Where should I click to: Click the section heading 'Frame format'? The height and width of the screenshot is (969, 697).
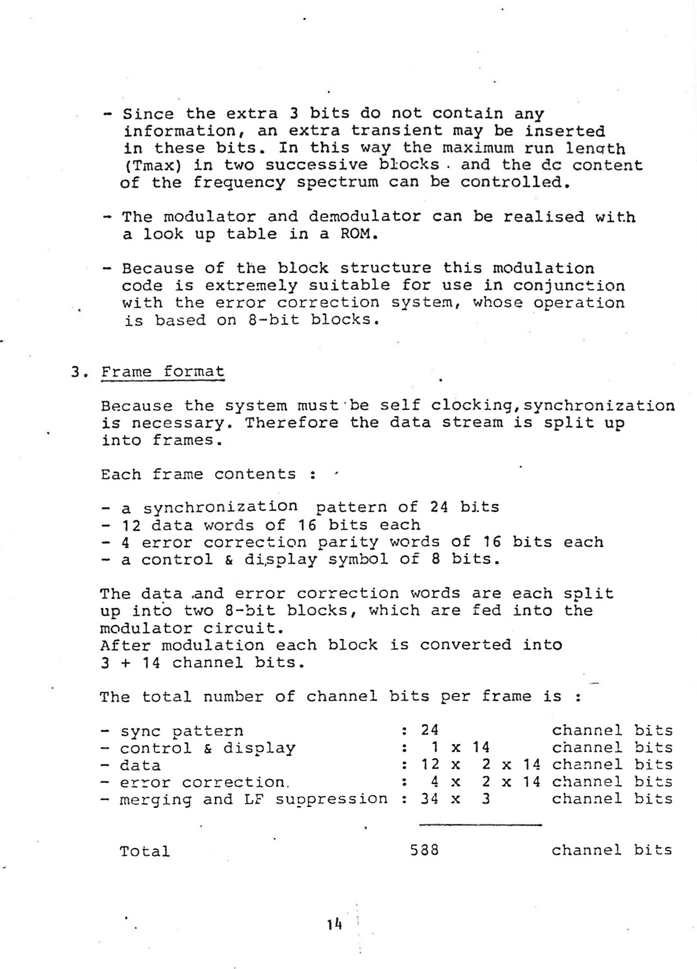coord(162,372)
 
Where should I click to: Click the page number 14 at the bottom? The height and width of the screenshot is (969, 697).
coord(334,924)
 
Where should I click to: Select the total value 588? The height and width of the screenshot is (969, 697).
coord(424,850)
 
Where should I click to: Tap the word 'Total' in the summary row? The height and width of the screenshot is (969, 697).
coord(144,851)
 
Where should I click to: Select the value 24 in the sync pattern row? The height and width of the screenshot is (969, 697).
coord(430,730)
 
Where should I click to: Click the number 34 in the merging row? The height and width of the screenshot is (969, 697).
coord(430,799)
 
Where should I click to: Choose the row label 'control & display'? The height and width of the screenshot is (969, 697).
coord(207,748)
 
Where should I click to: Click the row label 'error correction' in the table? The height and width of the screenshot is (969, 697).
coord(202,782)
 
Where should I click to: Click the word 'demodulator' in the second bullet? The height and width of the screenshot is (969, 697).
coord(364,217)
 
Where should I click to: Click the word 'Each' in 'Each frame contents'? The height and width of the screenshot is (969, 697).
coord(121,474)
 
